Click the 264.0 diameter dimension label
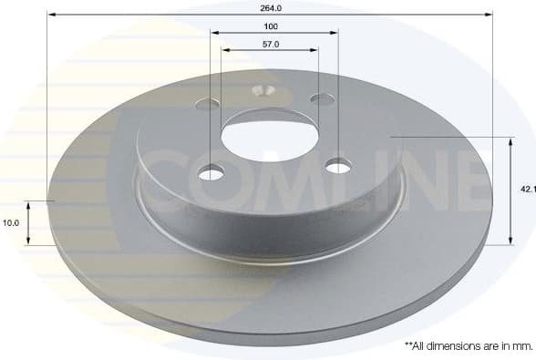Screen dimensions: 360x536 pyautogui.click(x=270, y=7)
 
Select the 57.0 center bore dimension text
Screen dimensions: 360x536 pyautogui.click(x=271, y=43)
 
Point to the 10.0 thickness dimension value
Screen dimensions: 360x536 pyautogui.click(x=10, y=222)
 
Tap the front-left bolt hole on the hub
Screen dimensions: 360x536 pyautogui.click(x=211, y=172)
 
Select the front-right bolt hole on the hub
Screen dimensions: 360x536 pyautogui.click(x=338, y=165)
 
